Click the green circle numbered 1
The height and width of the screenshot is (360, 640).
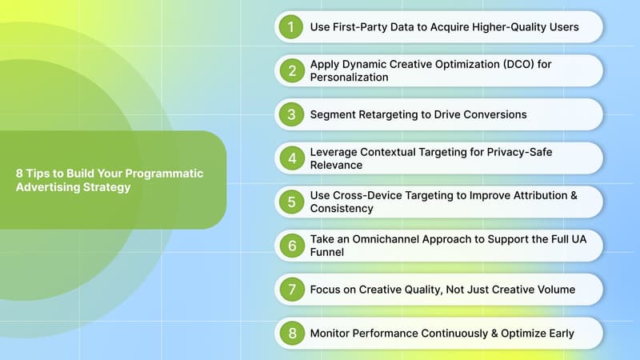(291, 27)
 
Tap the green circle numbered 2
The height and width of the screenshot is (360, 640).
(291, 70)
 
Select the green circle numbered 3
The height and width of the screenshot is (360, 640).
(291, 114)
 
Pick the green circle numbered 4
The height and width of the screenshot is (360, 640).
(291, 158)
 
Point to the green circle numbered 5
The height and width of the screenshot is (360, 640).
(291, 202)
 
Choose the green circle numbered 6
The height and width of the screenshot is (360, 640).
(291, 246)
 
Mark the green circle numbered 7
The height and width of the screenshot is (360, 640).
(291, 289)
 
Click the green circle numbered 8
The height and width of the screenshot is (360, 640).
(291, 333)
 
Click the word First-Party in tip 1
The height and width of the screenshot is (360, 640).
(359, 27)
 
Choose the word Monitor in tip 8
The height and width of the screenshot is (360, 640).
(332, 333)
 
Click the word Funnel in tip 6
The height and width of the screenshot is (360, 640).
(329, 252)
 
